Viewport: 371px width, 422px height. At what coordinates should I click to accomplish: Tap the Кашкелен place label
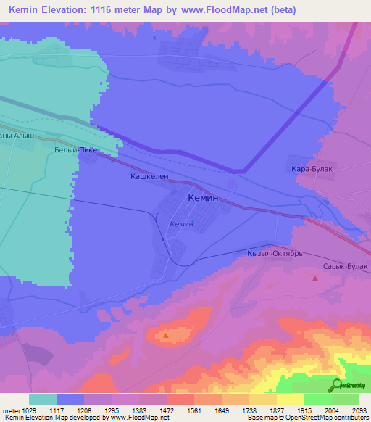coord(149,176)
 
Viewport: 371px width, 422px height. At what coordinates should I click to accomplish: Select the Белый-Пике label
coord(75,151)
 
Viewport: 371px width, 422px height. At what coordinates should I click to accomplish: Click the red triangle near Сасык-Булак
coord(315,278)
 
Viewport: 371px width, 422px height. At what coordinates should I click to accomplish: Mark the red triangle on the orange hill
coord(166,335)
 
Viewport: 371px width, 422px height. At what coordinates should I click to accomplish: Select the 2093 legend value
coord(359,410)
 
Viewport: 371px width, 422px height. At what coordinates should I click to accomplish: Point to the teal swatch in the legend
coord(43,400)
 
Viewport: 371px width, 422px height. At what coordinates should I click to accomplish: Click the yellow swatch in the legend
coord(290,400)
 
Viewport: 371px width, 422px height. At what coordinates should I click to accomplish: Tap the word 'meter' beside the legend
coord(10,410)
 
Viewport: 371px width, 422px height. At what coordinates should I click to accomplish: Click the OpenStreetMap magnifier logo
coord(336,384)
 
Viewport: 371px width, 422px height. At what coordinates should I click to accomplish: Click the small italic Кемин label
coord(180,224)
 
